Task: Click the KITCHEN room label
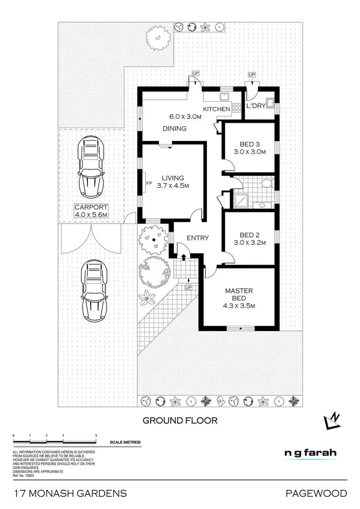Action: click(216, 109)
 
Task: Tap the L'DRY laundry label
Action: click(255, 106)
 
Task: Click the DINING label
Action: click(174, 129)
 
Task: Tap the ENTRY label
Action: click(197, 238)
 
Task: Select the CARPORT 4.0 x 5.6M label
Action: click(90, 212)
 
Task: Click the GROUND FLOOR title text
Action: click(180, 421)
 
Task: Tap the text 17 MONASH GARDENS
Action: click(71, 493)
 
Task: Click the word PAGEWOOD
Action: click(315, 493)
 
